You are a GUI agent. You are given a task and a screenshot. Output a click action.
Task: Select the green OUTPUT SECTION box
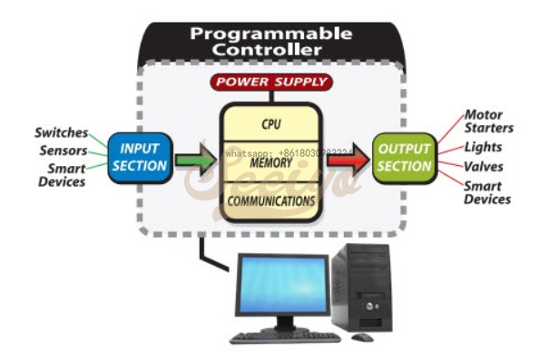coord(404,157)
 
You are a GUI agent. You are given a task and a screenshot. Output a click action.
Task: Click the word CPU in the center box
coord(271,123)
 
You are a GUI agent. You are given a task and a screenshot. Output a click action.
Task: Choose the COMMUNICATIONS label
coord(271,199)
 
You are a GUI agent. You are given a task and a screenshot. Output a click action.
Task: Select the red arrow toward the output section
coord(346,161)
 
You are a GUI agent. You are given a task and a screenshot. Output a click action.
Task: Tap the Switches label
coord(63,133)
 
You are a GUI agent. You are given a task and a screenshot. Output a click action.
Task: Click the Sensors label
coord(64,151)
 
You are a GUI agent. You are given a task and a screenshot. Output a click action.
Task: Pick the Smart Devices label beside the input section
coord(62,175)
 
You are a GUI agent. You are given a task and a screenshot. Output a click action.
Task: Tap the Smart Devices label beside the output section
coord(487,192)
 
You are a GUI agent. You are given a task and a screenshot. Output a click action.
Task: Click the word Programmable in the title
coord(270,34)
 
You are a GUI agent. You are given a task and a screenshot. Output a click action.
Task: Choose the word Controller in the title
coord(270,51)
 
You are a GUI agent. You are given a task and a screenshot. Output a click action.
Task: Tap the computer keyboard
coord(285,336)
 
